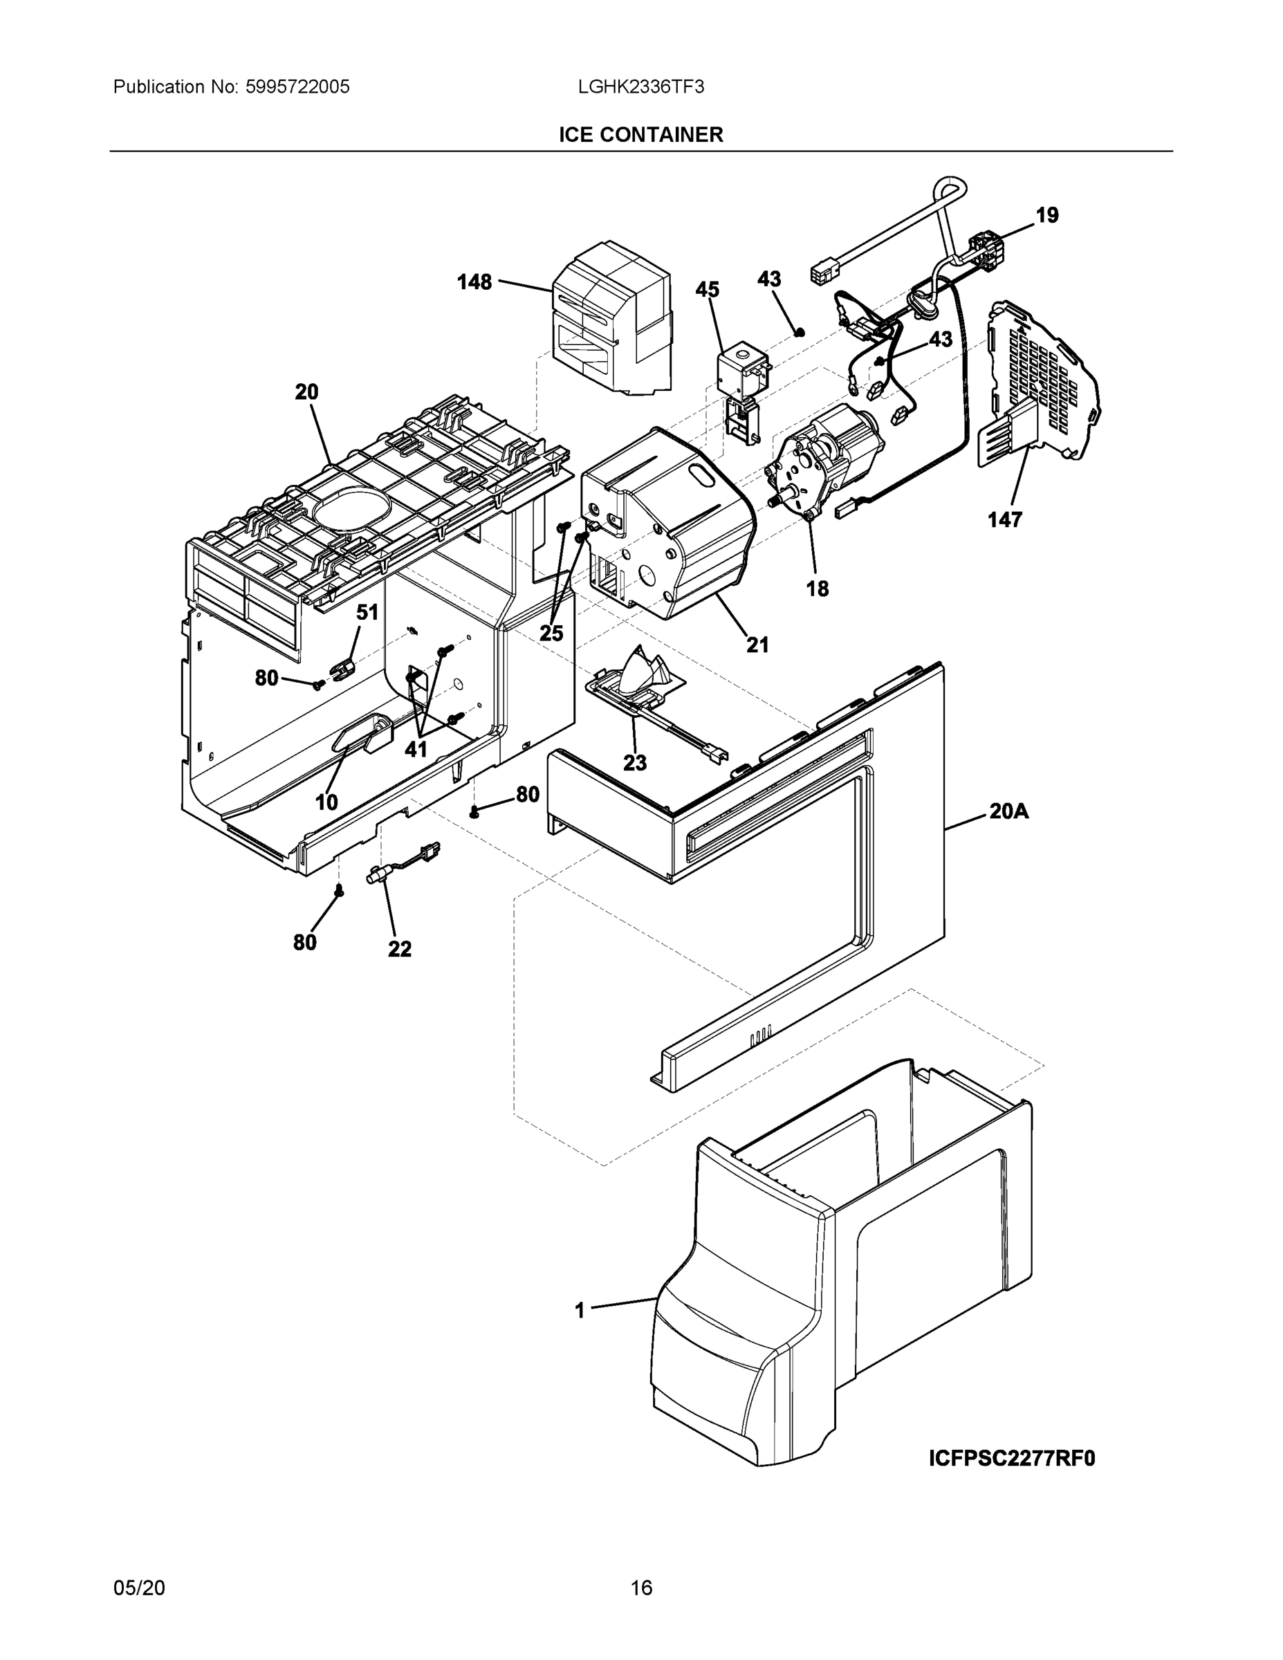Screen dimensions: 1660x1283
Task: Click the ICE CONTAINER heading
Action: pos(640,135)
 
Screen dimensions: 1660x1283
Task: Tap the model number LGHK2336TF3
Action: pos(640,86)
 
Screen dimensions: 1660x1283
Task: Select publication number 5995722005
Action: pos(297,86)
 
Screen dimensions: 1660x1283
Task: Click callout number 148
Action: pos(474,282)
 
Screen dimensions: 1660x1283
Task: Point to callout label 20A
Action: pos(1008,812)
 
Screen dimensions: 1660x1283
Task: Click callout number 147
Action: pos(1004,520)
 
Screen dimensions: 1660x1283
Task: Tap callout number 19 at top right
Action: pos(1046,215)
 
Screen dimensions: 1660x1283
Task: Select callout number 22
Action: pos(400,948)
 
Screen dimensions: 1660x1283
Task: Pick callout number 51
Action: pos(367,612)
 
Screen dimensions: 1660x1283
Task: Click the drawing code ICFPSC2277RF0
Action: pos(1012,1459)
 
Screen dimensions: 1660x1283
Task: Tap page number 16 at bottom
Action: pos(640,1588)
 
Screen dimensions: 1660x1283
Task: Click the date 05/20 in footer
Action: pos(139,1588)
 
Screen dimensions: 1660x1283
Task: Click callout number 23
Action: pos(635,762)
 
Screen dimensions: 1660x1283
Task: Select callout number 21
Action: pos(757,645)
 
